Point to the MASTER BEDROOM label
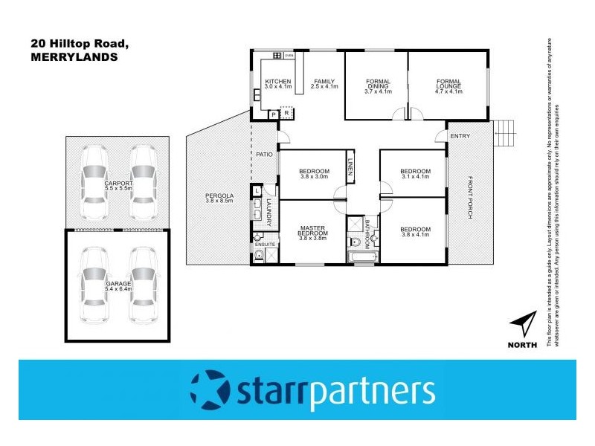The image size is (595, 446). point(313,231)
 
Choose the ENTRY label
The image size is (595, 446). point(460,135)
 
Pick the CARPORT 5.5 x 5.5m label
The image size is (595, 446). point(119,186)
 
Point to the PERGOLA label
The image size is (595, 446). point(219,199)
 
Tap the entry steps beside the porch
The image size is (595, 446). point(504,135)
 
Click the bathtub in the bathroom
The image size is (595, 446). point(362,257)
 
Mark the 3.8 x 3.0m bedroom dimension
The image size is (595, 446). point(313,177)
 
